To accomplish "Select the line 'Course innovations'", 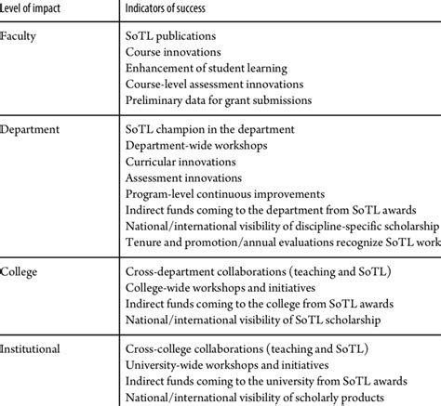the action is click(x=171, y=52).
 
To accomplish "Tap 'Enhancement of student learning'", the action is click(x=207, y=68).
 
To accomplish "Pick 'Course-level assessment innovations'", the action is click(x=216, y=85).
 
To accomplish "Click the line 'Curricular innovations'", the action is click(x=178, y=161).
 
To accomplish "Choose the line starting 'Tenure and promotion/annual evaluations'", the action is click(x=280, y=243).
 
